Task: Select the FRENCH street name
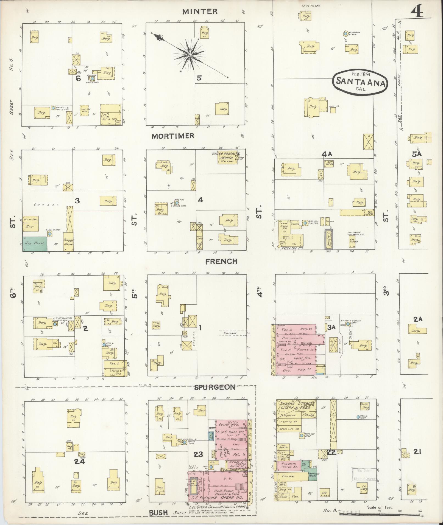click(x=221, y=261)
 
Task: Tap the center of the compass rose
click(x=190, y=55)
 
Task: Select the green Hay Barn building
click(x=35, y=244)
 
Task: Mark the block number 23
click(x=198, y=454)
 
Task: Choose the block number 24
click(x=80, y=461)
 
